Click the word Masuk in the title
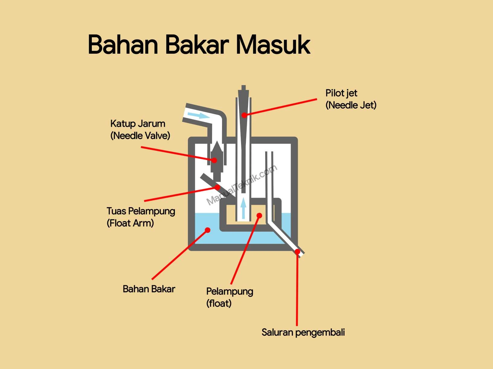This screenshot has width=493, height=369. click(273, 45)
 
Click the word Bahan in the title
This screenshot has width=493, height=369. click(123, 45)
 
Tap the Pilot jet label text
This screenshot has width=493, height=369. click(341, 93)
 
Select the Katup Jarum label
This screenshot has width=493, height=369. click(138, 124)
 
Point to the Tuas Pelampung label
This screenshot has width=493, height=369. click(141, 211)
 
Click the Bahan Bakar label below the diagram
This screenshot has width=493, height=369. click(149, 289)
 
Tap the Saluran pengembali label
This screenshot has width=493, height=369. click(303, 332)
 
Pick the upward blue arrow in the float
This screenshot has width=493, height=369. click(243, 208)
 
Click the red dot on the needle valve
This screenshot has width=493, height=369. click(214, 160)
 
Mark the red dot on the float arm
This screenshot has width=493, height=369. click(217, 187)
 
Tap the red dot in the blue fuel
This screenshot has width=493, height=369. click(208, 230)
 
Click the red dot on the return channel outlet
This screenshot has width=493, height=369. click(298, 251)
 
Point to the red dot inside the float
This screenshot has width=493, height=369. click(259, 215)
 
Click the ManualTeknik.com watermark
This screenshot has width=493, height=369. click(242, 185)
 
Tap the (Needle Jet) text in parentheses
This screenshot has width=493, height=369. click(351, 105)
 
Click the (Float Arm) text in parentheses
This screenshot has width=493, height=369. click(130, 223)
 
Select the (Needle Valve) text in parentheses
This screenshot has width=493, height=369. click(140, 136)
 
